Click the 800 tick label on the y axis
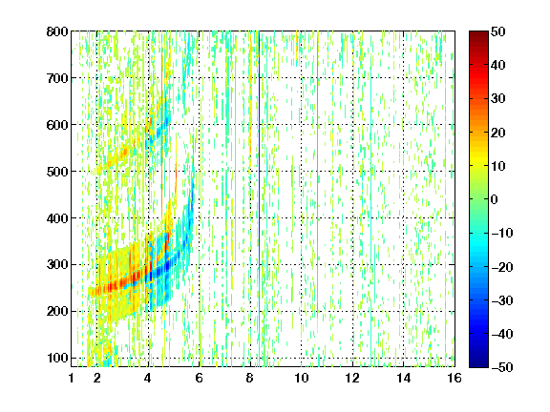tap(57, 31)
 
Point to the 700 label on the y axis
tap(57, 78)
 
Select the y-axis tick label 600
tap(57, 125)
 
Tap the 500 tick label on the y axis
tap(57, 172)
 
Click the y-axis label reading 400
tap(57, 218)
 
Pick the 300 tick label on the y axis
tap(57, 265)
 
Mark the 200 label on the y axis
tap(57, 312)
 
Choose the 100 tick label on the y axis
tap(57, 358)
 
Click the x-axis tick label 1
tap(72, 378)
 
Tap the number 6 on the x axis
tap(200, 378)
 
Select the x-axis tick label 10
tap(302, 378)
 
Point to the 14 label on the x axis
tap(404, 378)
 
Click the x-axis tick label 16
tap(455, 378)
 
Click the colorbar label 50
tap(498, 31)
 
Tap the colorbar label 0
tap(495, 199)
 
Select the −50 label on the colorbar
tap(502, 367)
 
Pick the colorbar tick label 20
tap(498, 133)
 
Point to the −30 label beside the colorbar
tap(502, 300)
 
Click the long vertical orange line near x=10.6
tap(317, 182)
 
